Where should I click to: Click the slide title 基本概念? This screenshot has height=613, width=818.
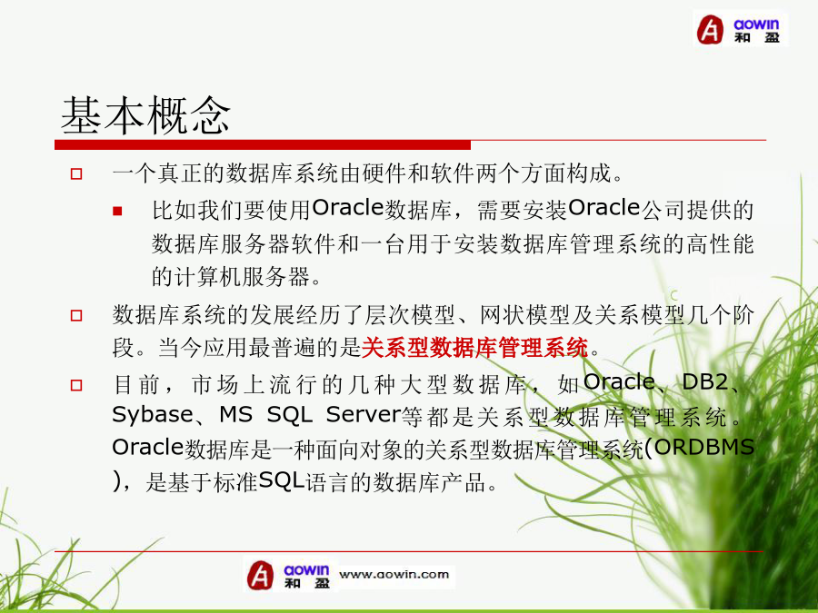pyautogui.click(x=145, y=115)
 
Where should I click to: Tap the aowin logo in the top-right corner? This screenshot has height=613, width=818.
pyautogui.click(x=739, y=29)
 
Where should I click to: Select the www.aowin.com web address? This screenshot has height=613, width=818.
pyautogui.click(x=394, y=575)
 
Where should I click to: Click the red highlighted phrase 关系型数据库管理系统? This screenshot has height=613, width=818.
pyautogui.click(x=474, y=348)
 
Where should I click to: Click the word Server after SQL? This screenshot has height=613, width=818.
pyautogui.click(x=363, y=415)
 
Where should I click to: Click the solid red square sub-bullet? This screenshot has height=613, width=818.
pyautogui.click(x=117, y=211)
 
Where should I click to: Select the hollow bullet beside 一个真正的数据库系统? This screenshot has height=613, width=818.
pyautogui.click(x=76, y=173)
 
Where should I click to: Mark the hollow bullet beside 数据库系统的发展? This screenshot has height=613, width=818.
pyautogui.click(x=76, y=315)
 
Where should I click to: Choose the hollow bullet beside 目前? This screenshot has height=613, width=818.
pyautogui.click(x=76, y=385)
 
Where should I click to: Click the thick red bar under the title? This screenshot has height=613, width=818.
pyautogui.click(x=263, y=145)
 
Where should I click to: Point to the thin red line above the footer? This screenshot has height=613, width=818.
pyautogui.click(x=408, y=551)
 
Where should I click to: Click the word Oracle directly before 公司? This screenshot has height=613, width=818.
pyautogui.click(x=604, y=208)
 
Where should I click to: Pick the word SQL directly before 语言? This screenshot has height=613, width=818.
pyautogui.click(x=281, y=480)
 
